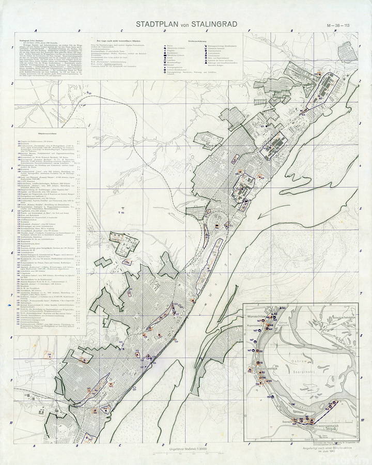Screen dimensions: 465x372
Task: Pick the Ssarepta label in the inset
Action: [286, 422]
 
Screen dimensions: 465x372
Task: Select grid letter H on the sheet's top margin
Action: [336, 30]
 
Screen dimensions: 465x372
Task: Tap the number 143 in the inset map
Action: [283, 308]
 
